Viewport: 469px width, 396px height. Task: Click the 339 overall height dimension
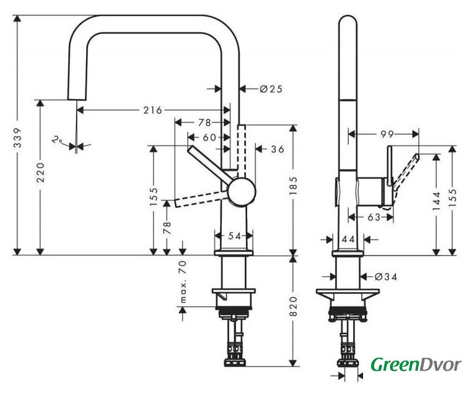[18, 138]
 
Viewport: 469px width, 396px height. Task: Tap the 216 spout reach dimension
[152, 110]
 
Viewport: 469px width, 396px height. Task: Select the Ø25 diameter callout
[271, 89]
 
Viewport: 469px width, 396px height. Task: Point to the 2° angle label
[56, 140]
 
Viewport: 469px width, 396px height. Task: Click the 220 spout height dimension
[40, 173]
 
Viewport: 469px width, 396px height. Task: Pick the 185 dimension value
[294, 186]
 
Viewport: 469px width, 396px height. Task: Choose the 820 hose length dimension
[294, 306]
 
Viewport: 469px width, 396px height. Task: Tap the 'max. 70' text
[183, 282]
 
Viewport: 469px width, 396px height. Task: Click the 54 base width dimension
[234, 236]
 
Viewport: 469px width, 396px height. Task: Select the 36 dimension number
[278, 149]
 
